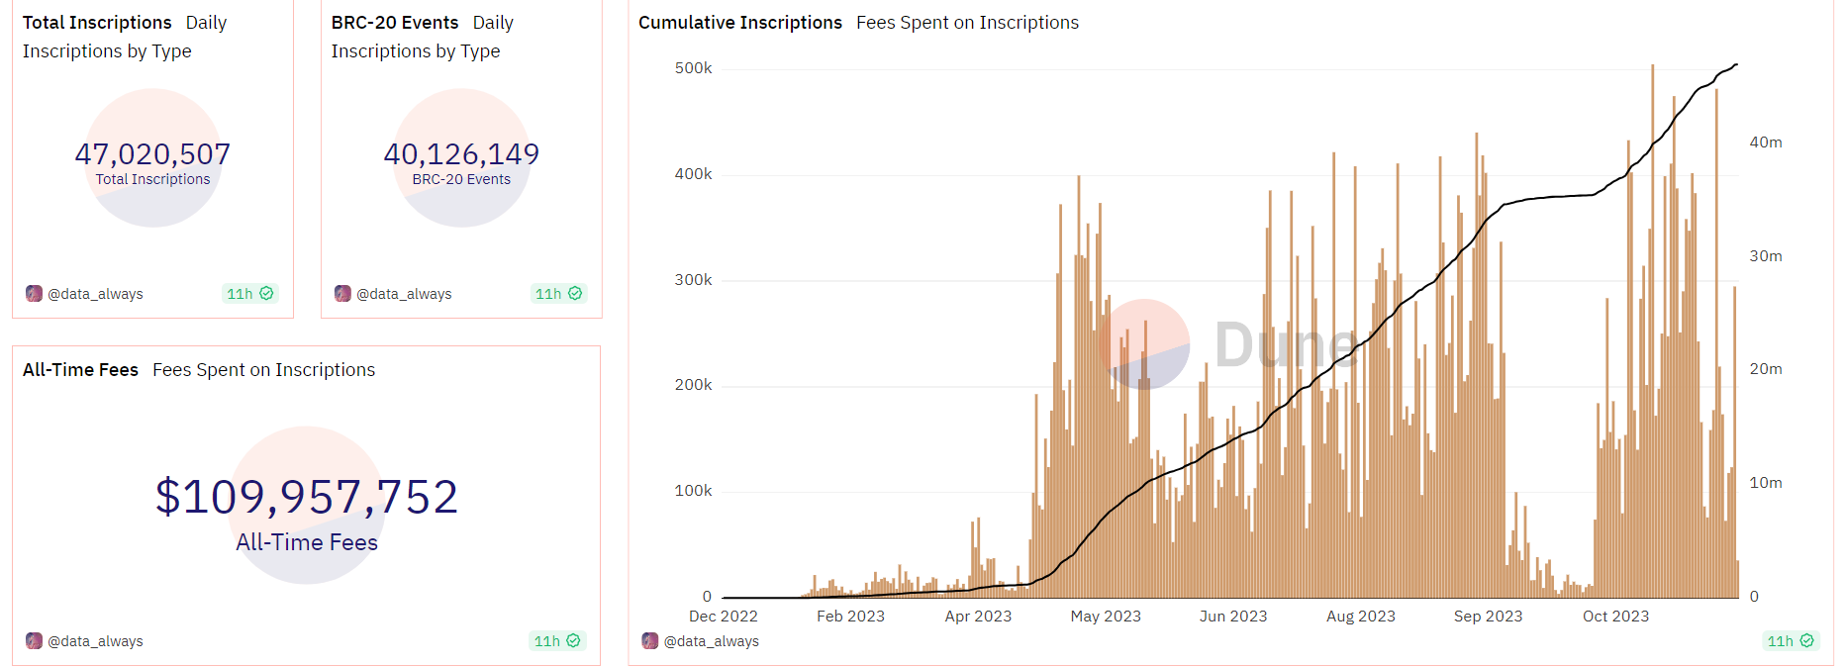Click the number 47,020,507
[152, 154]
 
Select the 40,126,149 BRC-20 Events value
[461, 154]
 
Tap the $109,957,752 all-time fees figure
[307, 497]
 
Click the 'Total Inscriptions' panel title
[97, 23]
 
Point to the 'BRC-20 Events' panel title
[395, 23]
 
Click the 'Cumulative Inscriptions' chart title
[740, 23]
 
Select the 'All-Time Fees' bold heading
[80, 370]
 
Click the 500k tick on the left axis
[693, 68]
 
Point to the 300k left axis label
[693, 280]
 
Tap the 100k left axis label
[693, 491]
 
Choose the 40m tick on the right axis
[1765, 143]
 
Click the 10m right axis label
[1765, 483]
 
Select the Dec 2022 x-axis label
[723, 617]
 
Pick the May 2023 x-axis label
[1106, 617]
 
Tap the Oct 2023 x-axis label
[1615, 617]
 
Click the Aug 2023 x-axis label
[1360, 617]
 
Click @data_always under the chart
[711, 641]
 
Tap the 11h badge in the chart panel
[1791, 641]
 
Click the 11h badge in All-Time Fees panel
[557, 641]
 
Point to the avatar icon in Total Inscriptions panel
[35, 294]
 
